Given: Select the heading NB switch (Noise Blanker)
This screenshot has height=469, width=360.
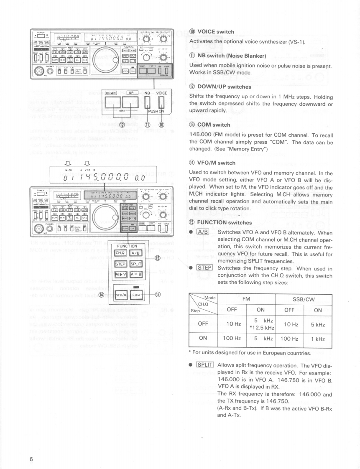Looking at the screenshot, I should pos(234,56).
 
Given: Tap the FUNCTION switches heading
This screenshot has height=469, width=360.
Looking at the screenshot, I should pos(224,223).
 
